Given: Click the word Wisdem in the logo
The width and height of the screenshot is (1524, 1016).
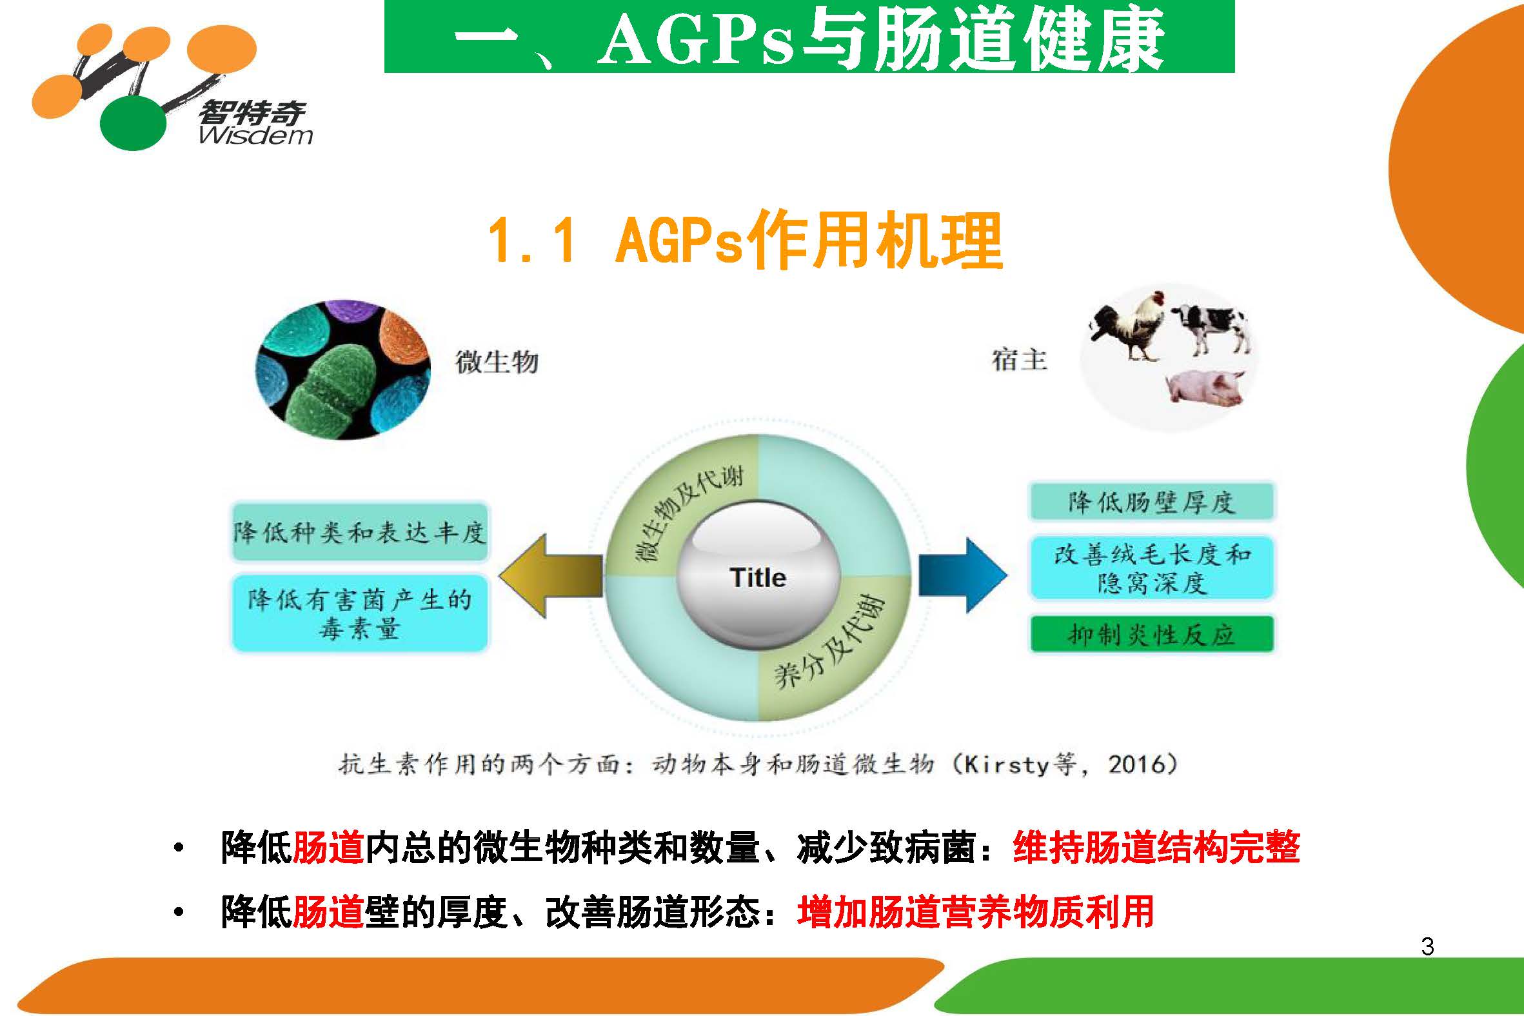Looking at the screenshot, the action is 255,135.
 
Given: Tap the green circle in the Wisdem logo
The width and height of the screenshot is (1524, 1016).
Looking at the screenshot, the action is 133,123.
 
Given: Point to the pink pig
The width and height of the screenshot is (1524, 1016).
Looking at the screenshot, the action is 1205,387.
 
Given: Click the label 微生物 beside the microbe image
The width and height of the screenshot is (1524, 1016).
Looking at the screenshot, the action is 497,361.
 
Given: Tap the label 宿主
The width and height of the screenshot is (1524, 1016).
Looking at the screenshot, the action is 1020,359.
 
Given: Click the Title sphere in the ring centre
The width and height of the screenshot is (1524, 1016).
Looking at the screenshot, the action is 758,577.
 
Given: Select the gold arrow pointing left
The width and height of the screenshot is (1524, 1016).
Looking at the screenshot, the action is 551,575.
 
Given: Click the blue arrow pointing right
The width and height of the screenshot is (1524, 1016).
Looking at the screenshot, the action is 963,575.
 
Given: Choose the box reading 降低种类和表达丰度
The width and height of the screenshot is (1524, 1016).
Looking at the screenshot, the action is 359,533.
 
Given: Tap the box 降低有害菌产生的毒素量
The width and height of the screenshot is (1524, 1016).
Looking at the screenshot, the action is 359,613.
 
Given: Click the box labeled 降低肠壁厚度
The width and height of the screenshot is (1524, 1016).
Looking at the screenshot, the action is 1152,502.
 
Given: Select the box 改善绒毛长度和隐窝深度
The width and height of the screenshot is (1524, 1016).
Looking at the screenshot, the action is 1152,568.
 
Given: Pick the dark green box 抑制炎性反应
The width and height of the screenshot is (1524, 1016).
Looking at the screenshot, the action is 1152,634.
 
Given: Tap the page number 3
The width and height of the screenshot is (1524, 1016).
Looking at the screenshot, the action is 1427,947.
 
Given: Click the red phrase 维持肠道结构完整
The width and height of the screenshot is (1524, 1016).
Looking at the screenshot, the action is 1157,848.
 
